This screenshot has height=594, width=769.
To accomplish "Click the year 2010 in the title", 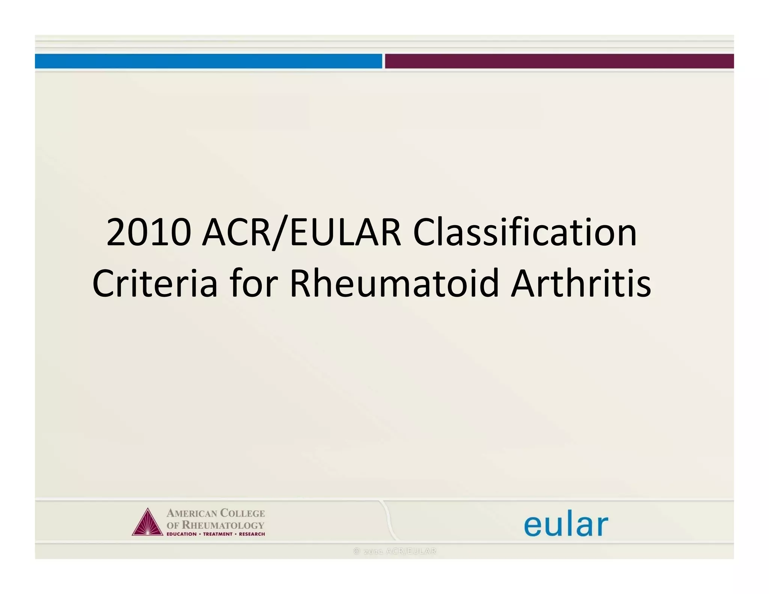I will point(149,233).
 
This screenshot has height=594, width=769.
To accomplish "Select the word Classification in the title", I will point(525,233).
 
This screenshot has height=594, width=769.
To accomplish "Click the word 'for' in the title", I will point(254,284).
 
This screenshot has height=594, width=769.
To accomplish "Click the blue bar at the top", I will point(208,61).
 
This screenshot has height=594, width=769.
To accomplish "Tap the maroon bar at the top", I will point(559,61).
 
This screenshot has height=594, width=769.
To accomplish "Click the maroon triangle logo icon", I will point(147,523).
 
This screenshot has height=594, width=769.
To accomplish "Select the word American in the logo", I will point(191,513).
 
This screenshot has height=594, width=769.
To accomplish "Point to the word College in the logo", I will point(242,513).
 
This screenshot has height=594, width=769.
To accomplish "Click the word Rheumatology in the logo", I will point(223,525).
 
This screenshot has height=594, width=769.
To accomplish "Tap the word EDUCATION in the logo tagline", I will point(181,534).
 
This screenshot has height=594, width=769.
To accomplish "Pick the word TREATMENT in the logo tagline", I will point(218,534).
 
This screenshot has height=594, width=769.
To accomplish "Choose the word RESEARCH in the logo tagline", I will point(252,534).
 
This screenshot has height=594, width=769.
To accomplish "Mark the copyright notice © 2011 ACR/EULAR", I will point(395,551).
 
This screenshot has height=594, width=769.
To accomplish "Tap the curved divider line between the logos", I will point(388,520).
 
